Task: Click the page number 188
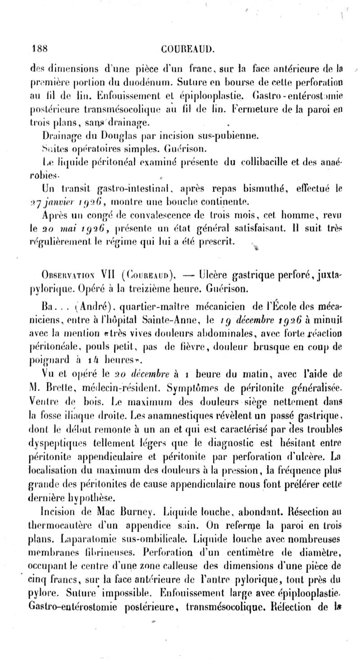coord(40,49)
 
